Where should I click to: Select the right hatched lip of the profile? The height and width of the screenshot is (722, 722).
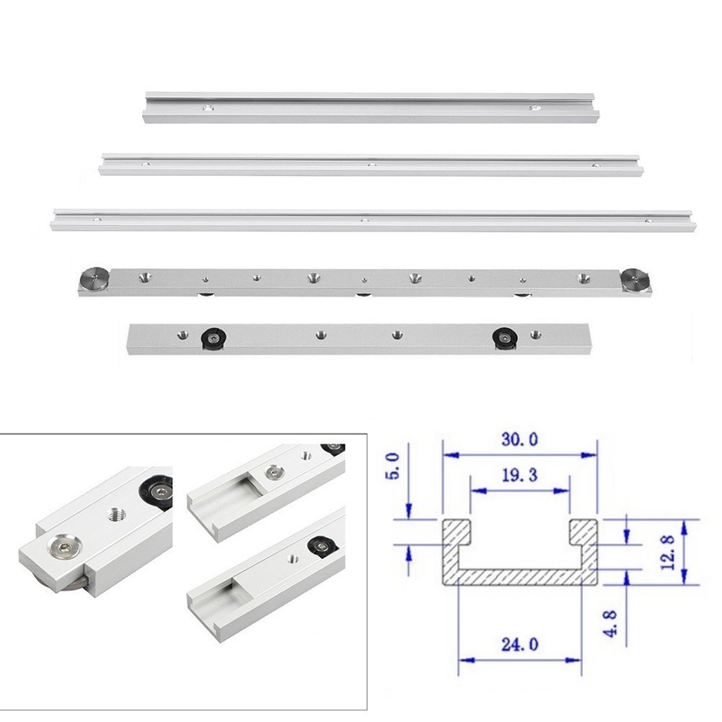point(583,532)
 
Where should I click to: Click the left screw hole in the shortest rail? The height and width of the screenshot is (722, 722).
point(208,109)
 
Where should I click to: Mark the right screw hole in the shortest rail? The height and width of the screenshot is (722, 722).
point(534,108)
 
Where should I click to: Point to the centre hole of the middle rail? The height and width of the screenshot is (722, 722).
point(372,165)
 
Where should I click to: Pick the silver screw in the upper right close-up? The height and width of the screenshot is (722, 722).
point(272,473)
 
